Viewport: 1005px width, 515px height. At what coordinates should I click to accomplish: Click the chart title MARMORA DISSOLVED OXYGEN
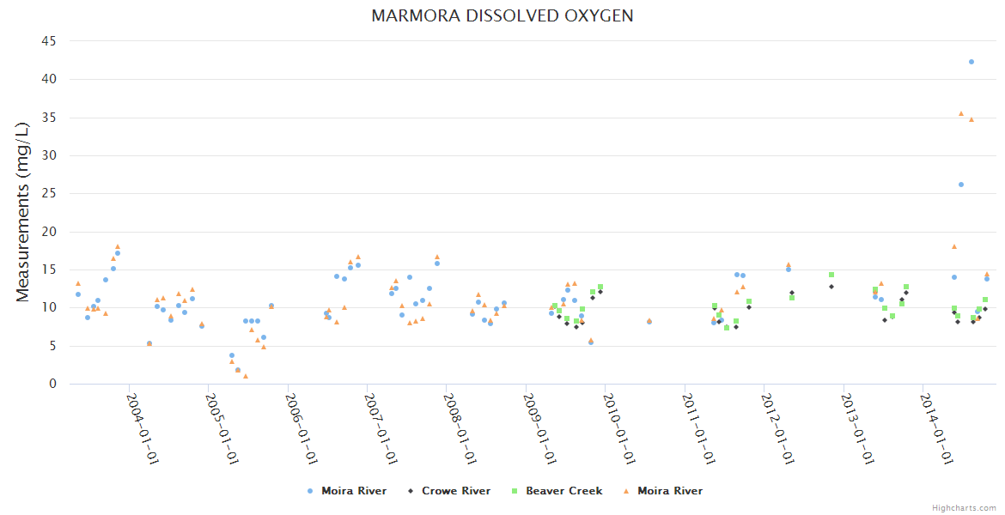pyautogui.click(x=502, y=15)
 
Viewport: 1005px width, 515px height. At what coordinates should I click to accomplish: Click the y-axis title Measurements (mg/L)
pyautogui.click(x=22, y=212)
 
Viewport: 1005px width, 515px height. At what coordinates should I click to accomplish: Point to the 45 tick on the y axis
pyautogui.click(x=50, y=41)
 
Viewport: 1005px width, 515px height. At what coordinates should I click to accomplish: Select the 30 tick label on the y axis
pyautogui.click(x=50, y=155)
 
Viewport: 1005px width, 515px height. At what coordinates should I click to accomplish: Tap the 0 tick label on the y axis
pyautogui.click(x=53, y=384)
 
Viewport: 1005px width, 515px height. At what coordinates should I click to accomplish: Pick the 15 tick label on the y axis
pyautogui.click(x=50, y=270)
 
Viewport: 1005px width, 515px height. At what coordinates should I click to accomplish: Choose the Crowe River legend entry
pyautogui.click(x=449, y=491)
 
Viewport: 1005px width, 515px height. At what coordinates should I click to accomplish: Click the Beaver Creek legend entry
pyautogui.click(x=557, y=491)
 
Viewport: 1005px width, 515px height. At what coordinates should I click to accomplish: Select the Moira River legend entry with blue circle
pyautogui.click(x=347, y=491)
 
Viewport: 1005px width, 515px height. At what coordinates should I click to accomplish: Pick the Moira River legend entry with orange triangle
pyautogui.click(x=662, y=491)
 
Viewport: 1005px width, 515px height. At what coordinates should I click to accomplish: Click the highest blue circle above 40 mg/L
pyautogui.click(x=971, y=62)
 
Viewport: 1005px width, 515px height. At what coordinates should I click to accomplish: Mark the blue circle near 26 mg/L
pyautogui.click(x=961, y=185)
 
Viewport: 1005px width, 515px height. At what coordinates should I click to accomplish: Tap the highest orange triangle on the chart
pyautogui.click(x=961, y=113)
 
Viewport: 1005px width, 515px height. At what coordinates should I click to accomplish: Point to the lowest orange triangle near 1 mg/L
pyautogui.click(x=246, y=376)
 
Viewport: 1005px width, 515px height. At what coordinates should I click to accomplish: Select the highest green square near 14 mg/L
pyautogui.click(x=831, y=275)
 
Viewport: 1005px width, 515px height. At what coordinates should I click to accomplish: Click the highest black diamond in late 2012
pyautogui.click(x=831, y=287)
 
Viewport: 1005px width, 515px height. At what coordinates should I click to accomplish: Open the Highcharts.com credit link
pyautogui.click(x=964, y=507)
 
